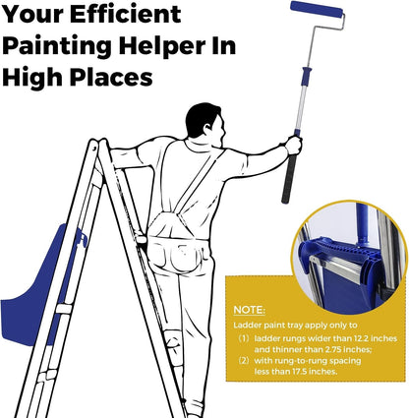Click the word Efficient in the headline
[x=126, y=14]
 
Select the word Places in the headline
[x=111, y=78]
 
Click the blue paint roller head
[x=317, y=9]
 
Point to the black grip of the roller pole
[x=288, y=179]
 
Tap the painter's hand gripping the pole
[x=293, y=145]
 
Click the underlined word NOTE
[x=249, y=310]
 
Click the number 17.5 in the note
[x=300, y=372]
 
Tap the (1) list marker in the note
[x=244, y=338]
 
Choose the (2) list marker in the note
[x=244, y=361]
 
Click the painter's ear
[x=207, y=127]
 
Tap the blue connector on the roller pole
[x=306, y=72]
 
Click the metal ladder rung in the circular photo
[x=334, y=266]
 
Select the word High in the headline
[x=33, y=78]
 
